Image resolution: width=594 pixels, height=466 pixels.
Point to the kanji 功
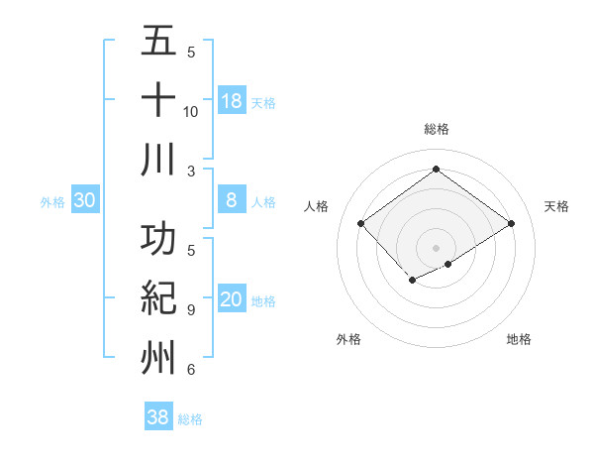[x=158, y=240]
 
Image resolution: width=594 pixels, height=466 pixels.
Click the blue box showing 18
[x=231, y=101]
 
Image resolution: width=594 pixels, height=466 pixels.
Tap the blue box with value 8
[x=231, y=200]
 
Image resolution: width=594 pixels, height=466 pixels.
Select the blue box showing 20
[x=231, y=300]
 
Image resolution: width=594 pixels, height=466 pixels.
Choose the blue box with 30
[x=85, y=200]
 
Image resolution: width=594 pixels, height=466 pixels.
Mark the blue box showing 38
[x=157, y=417]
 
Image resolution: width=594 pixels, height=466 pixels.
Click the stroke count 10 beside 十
[x=191, y=111]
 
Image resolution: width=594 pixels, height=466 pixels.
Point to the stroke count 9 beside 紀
[x=191, y=310]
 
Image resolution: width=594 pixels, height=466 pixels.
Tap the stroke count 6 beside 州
[x=191, y=370]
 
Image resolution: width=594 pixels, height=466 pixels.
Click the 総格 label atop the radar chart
[x=436, y=129]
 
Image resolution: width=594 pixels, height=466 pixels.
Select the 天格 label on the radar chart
[x=556, y=206]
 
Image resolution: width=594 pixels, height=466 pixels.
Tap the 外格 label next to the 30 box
[x=52, y=201]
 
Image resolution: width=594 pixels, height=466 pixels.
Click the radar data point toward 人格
[x=361, y=223]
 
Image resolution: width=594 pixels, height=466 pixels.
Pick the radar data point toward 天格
[x=511, y=223]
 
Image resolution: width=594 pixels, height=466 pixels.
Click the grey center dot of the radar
[x=436, y=247]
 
